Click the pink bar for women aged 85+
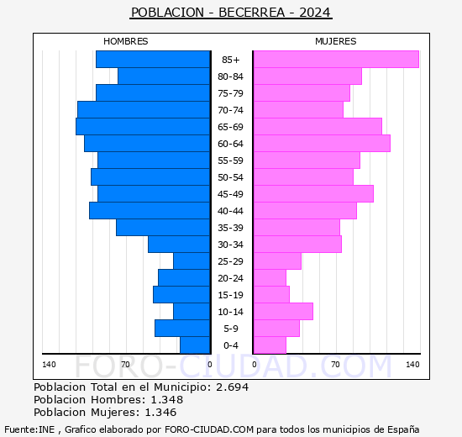coord(336,60)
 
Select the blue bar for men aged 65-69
coord(143,127)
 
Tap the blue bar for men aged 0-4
coord(195,345)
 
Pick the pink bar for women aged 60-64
coord(322,144)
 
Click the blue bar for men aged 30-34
coord(179,245)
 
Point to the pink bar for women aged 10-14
coord(283,312)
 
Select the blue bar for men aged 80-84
coord(164,76)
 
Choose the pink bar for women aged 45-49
coord(313,194)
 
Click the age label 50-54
coord(230,177)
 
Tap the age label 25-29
coord(230,261)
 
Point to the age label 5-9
coord(231,329)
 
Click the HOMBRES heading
coord(125,41)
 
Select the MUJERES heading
coord(336,41)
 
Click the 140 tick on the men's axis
coord(49,365)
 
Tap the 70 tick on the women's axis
coord(335,365)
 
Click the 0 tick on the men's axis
coord(209,365)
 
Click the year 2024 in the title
coord(315,13)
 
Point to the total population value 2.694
coord(233,387)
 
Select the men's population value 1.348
coord(167,399)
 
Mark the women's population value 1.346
coord(160,413)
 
